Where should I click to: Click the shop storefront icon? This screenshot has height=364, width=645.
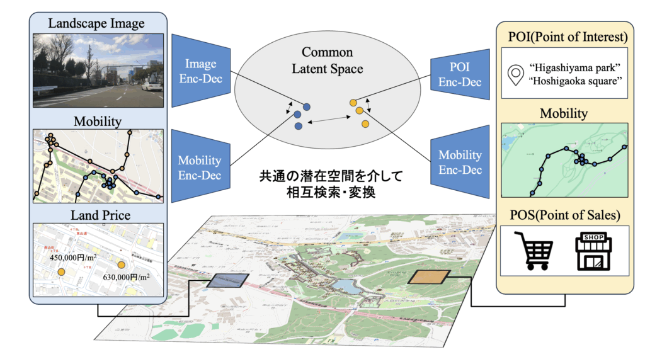(592, 251)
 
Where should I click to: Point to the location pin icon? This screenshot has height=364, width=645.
(517, 76)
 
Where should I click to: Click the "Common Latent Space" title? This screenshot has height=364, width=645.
(327, 60)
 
